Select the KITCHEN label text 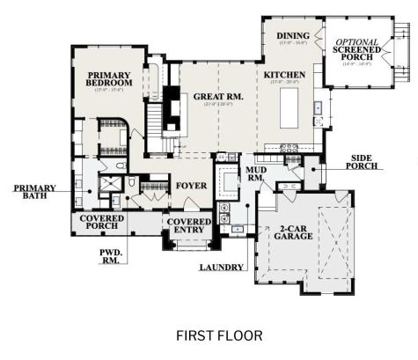pyautogui.click(x=284, y=77)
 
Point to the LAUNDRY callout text pyautogui.click(x=220, y=267)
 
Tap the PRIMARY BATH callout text pyautogui.click(x=34, y=192)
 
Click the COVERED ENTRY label pyautogui.click(x=189, y=225)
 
